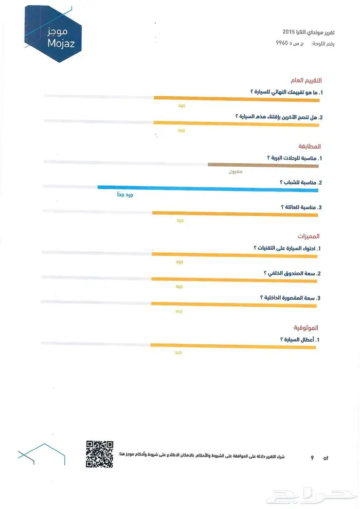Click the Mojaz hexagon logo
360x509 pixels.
coord(49,31)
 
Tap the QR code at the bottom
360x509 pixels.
coord(99,454)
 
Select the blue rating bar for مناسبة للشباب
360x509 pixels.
coord(208,189)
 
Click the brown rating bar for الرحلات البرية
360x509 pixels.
coord(263,165)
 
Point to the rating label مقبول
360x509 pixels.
coord(235,171)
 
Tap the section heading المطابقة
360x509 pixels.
coord(309,146)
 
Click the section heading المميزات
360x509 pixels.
coord(309,236)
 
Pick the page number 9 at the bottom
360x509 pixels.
coord(312,458)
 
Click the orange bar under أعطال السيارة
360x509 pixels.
coord(232,346)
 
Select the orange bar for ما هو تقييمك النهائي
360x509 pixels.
coord(237,98)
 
